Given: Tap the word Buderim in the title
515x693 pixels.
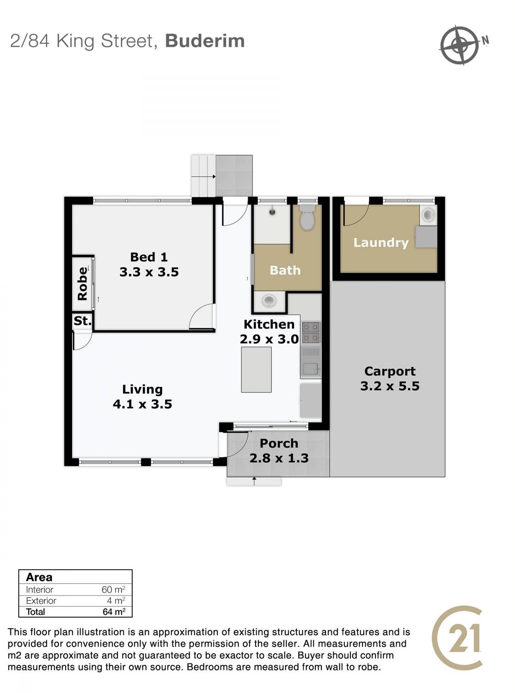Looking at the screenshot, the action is [x=205, y=41].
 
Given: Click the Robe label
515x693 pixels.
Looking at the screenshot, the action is [x=82, y=283].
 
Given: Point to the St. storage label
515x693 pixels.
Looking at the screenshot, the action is [x=82, y=320].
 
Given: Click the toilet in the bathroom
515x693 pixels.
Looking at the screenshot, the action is [x=307, y=217].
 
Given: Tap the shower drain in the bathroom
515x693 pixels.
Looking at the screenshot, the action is [x=272, y=212].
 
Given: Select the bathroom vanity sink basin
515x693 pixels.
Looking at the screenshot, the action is [x=269, y=301].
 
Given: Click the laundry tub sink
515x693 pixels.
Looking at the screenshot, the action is [x=428, y=215].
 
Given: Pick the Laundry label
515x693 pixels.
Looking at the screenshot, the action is [x=380, y=243].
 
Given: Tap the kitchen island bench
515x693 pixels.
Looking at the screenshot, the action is [x=256, y=369].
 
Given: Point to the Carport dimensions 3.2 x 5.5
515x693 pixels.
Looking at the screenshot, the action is [x=389, y=386].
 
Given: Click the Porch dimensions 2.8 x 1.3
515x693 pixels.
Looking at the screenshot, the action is [x=279, y=458].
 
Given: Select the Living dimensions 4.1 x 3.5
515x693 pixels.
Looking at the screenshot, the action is [x=142, y=404].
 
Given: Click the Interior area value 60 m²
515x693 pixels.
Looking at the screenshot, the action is [x=113, y=589].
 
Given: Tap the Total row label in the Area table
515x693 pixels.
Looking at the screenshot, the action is [x=35, y=612].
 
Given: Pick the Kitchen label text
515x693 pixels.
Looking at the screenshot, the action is [x=269, y=325].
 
